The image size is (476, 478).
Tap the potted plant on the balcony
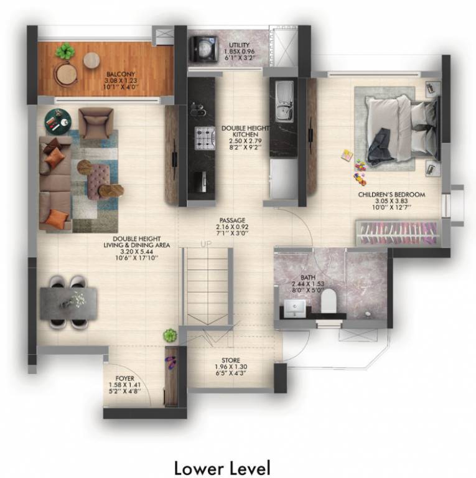(63, 52)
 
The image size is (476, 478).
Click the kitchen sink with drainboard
(282, 102)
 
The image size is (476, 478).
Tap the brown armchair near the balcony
(96, 124)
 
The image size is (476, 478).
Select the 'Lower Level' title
(222, 465)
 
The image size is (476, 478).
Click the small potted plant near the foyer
(169, 336)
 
